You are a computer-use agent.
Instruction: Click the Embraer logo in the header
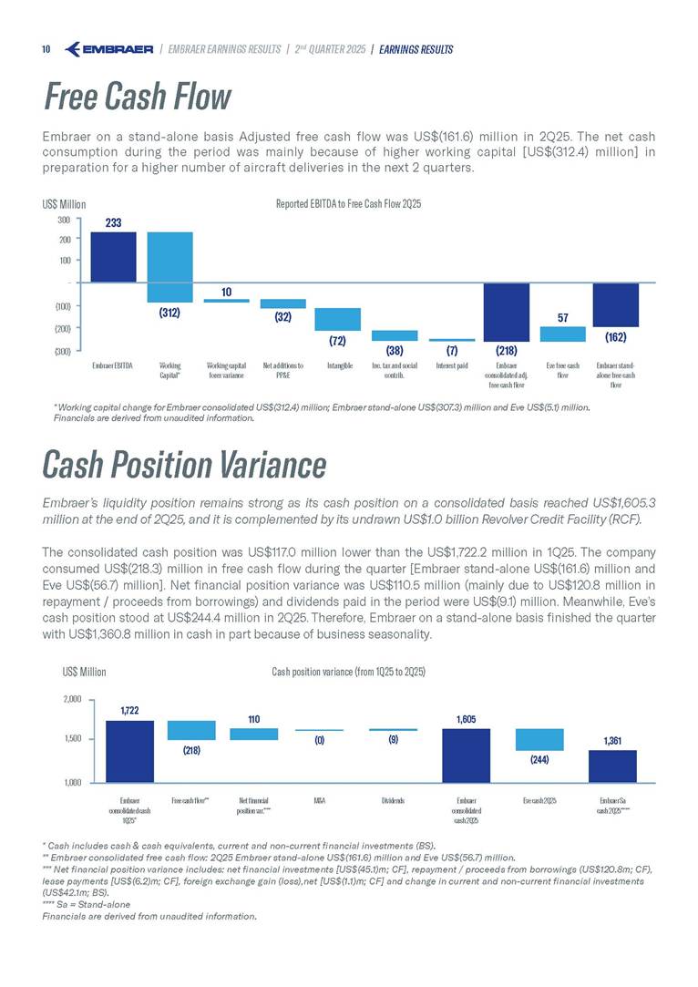pyautogui.click(x=109, y=48)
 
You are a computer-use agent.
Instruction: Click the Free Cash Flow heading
pyautogui.click(x=137, y=97)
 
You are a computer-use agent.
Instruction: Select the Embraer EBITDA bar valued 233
pyautogui.click(x=113, y=257)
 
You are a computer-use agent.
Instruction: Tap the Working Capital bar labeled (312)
pyautogui.click(x=169, y=266)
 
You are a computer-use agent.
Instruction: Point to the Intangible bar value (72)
pyautogui.click(x=338, y=340)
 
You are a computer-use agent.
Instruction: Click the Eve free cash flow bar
pyautogui.click(x=562, y=334)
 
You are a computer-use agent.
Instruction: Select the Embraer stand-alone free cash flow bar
pyautogui.click(x=616, y=304)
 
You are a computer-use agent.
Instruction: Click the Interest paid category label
pyautogui.click(x=451, y=366)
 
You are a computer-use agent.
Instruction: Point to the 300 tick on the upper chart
pyautogui.click(x=63, y=220)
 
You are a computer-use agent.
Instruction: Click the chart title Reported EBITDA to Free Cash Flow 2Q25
pyautogui.click(x=347, y=204)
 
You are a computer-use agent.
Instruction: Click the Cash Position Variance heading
pyautogui.click(x=184, y=465)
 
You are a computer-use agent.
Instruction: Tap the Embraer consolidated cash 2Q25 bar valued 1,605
pyautogui.click(x=466, y=755)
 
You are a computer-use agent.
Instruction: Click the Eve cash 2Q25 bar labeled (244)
pyautogui.click(x=539, y=739)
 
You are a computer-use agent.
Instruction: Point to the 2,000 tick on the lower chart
pyautogui.click(x=72, y=700)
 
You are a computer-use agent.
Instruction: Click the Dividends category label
pyautogui.click(x=393, y=800)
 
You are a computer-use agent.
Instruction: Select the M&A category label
pyautogui.click(x=319, y=800)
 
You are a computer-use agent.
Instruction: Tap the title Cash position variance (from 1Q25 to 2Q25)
pyautogui.click(x=349, y=672)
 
